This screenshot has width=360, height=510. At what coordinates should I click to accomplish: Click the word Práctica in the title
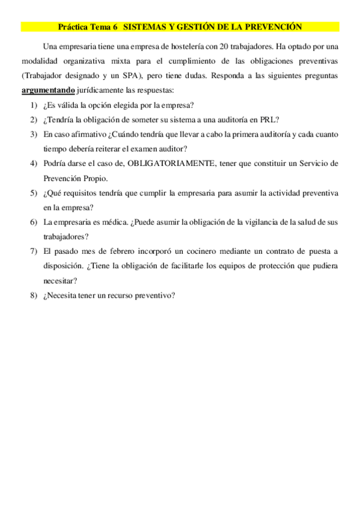(x=73, y=27)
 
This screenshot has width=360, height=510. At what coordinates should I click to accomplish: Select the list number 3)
(x=34, y=134)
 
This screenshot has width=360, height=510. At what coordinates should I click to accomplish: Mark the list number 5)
(x=34, y=192)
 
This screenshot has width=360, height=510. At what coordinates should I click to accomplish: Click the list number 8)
(x=34, y=295)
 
